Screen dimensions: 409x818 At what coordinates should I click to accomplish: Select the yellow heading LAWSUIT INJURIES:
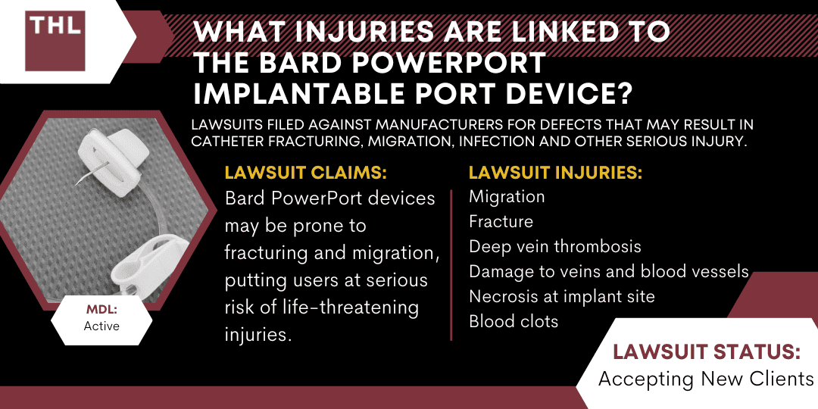556,173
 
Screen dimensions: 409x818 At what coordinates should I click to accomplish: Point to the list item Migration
507,197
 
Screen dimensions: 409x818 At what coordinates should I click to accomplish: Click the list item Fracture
501,222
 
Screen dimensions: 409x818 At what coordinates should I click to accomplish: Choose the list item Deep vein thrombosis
555,247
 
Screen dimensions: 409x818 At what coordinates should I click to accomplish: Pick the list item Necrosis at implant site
561,296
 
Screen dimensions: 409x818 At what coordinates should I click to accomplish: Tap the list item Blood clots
514,321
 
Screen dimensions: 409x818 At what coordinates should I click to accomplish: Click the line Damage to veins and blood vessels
609,271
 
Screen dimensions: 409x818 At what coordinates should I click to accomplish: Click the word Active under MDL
101,326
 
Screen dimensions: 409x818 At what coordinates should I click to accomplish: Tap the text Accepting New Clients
705,379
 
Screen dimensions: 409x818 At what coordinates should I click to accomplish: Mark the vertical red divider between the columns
452,264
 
